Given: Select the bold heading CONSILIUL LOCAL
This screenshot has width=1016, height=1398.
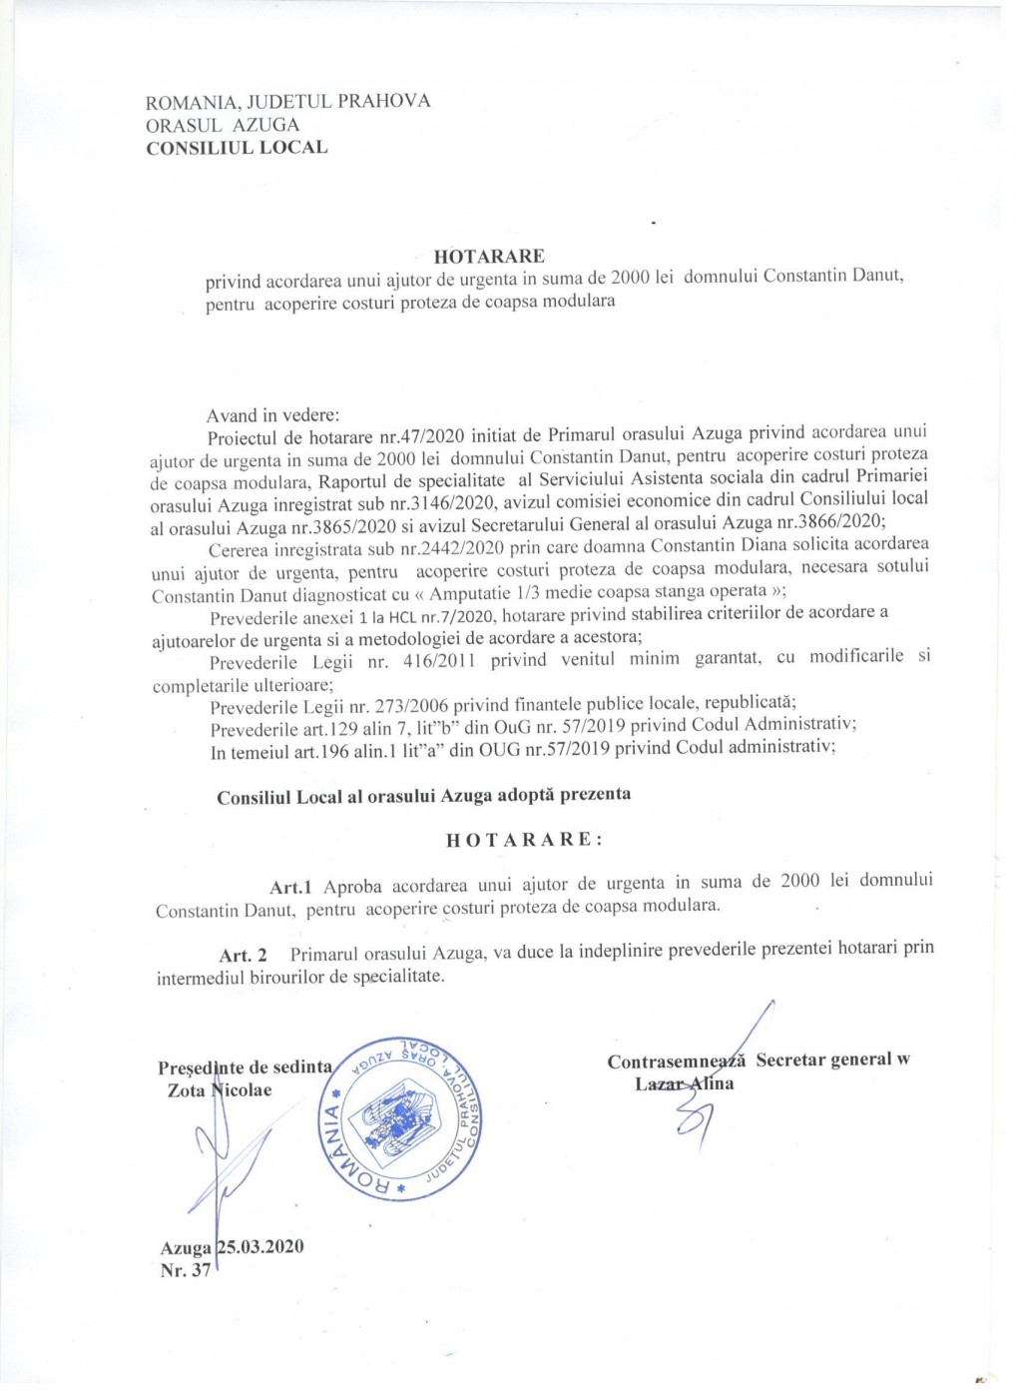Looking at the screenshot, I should point(237,148).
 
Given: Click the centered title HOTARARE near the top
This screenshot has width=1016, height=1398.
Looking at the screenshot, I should point(489,257).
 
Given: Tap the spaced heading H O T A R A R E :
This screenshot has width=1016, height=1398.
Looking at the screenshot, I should point(524,839).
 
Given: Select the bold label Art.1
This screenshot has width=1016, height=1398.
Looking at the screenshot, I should point(290,887).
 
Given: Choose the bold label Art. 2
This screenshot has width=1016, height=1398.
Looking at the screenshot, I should point(243,956).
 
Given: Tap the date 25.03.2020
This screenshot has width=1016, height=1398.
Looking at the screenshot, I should point(260,1246).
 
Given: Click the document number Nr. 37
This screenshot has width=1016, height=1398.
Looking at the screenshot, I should point(186,1271).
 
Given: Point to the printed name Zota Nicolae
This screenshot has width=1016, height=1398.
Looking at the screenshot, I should point(220,1090).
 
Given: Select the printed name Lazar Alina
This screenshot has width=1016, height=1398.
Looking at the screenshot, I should point(685,1083).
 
